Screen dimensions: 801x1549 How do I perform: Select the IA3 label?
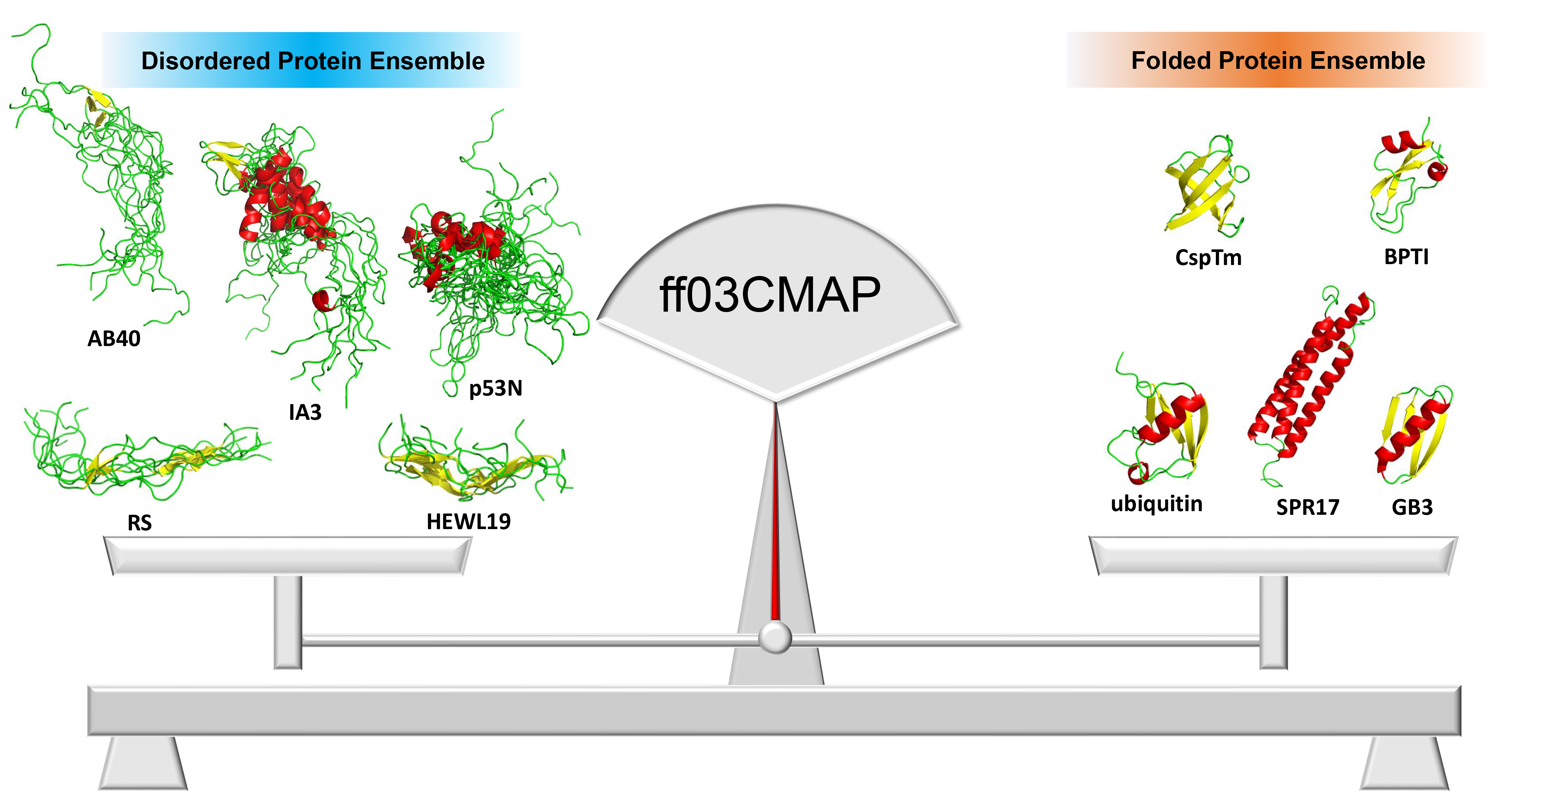point(305,413)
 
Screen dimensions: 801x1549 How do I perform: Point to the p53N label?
point(495,389)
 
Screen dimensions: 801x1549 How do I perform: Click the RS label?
point(139,523)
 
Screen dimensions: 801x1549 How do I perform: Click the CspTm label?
point(1208,258)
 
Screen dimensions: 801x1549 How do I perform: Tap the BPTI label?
point(1406,257)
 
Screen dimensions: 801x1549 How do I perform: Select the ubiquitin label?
point(1156,504)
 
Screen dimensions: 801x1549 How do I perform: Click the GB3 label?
point(1412,508)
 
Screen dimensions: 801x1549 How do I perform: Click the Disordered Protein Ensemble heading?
point(313,61)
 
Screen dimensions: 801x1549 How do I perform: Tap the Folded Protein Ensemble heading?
point(1278,61)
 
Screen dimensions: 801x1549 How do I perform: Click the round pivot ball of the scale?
point(774,638)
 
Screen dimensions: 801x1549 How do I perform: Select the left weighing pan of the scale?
point(287,556)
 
